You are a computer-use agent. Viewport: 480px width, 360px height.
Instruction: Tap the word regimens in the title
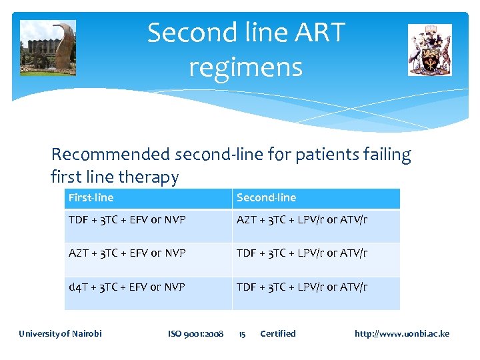pos(245,67)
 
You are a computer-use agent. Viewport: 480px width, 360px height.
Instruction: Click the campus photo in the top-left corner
pos(48,47)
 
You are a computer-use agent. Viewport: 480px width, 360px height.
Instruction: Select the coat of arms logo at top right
pos(429,50)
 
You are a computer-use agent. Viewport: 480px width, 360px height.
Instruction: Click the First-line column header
pos(91,197)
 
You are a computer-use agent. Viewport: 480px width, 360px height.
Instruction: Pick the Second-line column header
pos(266,197)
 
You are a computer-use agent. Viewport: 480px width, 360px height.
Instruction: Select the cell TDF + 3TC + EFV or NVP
pos(127,220)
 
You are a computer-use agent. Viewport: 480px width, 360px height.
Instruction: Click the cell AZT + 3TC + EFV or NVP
pos(127,253)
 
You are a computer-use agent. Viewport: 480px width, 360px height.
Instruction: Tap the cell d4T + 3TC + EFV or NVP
pos(127,287)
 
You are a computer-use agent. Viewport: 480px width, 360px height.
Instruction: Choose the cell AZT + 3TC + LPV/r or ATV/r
pos(302,220)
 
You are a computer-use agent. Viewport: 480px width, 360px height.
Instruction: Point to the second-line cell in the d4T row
pos(302,287)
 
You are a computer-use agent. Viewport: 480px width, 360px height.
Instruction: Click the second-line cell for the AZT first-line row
pos(302,253)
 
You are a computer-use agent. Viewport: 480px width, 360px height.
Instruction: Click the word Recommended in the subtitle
pos(111,155)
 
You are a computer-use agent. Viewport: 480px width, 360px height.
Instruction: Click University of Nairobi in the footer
pos(60,333)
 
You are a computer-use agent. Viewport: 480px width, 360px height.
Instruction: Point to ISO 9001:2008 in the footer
pos(195,333)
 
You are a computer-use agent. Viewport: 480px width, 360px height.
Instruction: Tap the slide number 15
pos(243,333)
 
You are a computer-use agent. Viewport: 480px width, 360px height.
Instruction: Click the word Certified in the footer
pos(277,333)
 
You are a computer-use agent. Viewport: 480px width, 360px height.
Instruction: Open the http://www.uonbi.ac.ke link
pos(401,333)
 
